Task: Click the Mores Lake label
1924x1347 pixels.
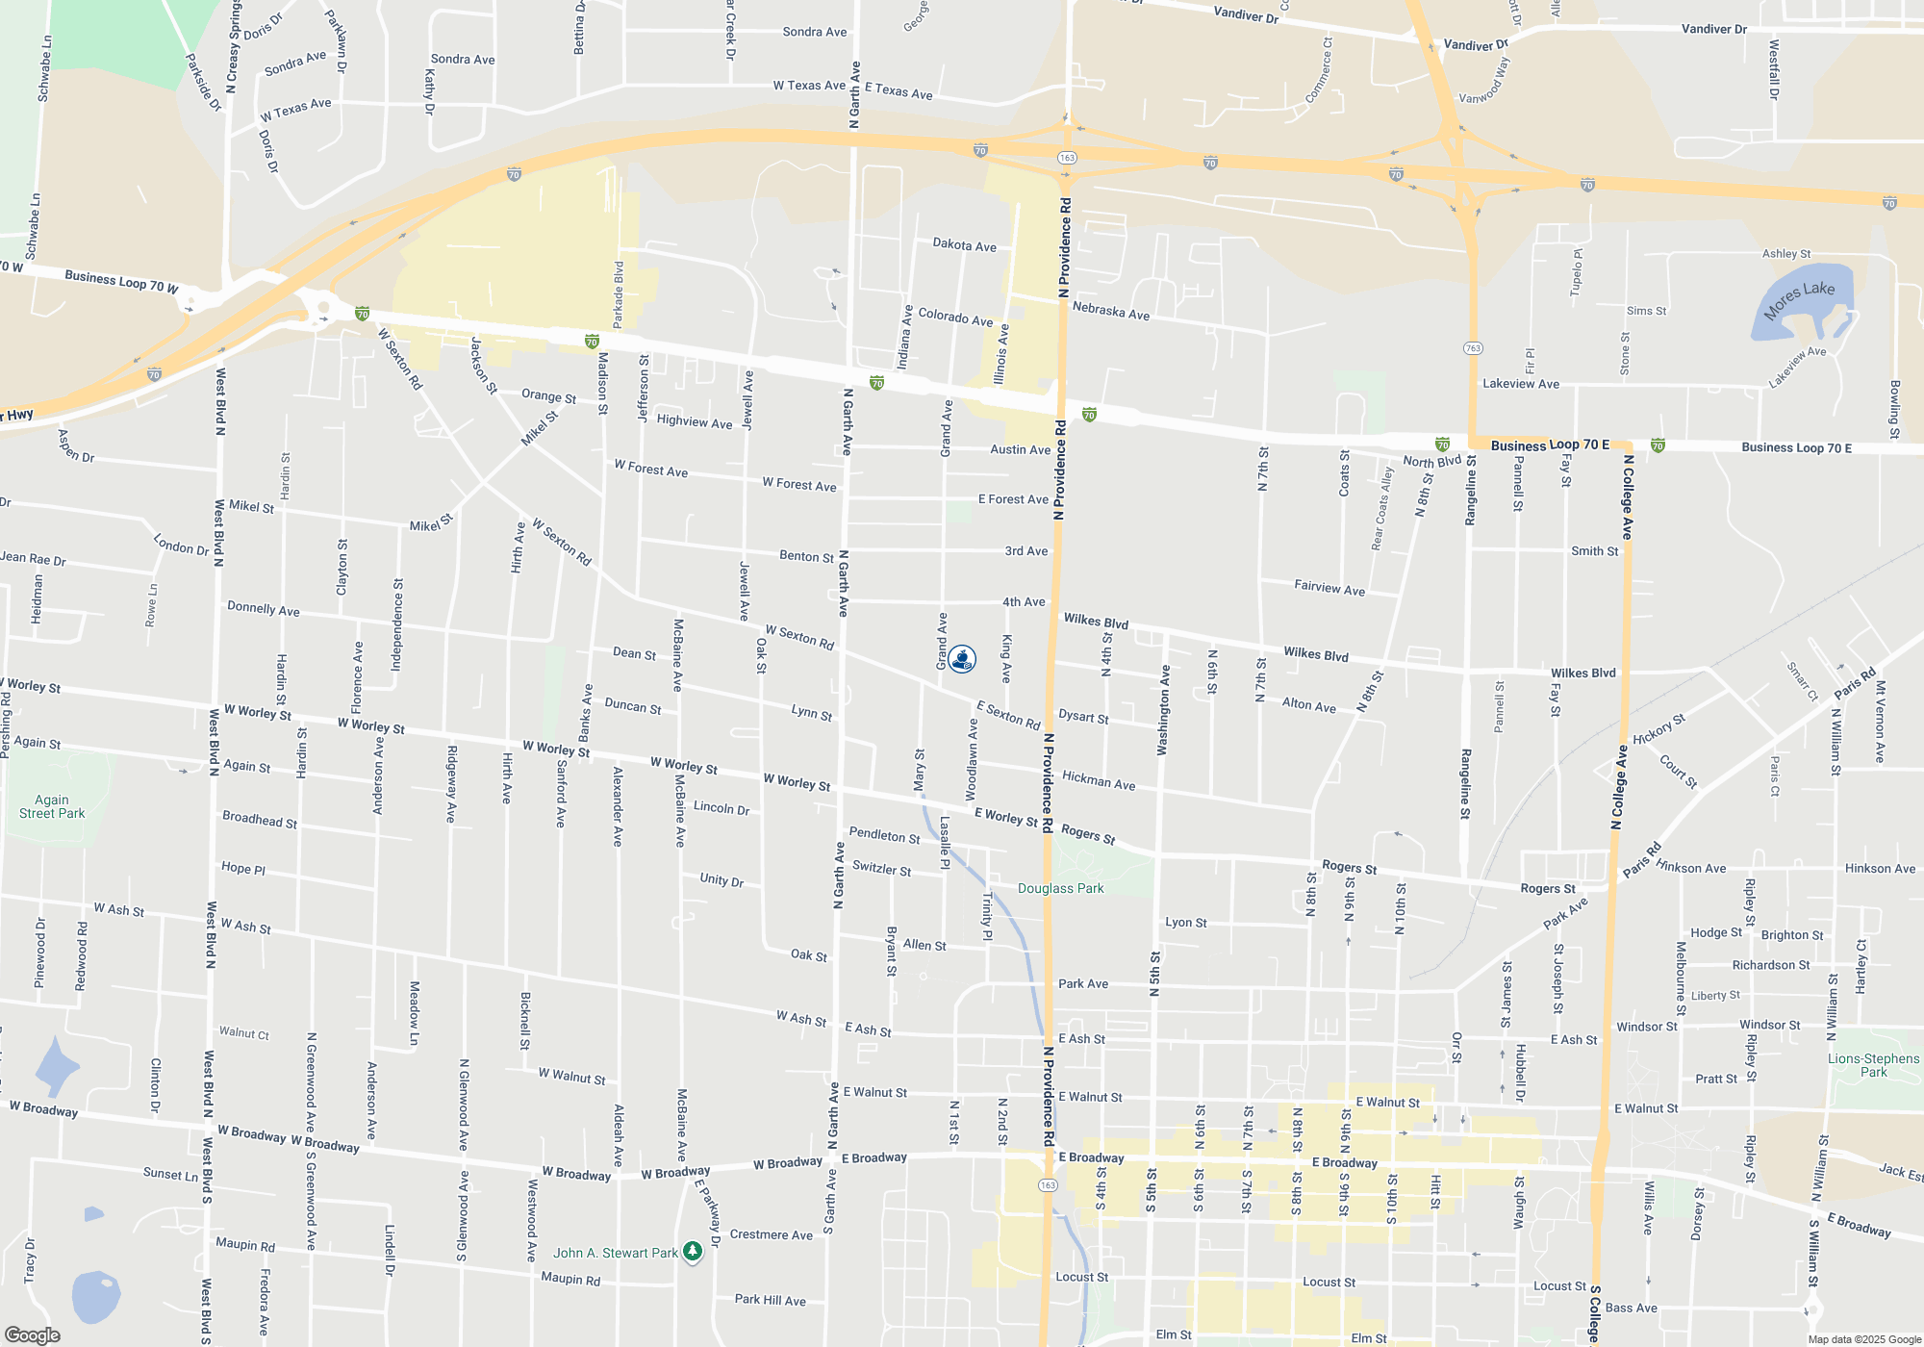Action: coord(1799,300)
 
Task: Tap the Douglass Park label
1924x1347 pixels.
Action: coord(1060,888)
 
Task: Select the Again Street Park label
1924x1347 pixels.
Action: coord(52,806)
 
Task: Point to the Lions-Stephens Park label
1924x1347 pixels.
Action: coord(1873,1065)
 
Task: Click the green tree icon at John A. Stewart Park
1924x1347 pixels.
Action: coord(692,1252)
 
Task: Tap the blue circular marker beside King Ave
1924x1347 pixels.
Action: coord(962,659)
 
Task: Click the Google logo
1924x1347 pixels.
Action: coord(32,1334)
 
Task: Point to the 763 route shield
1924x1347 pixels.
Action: coord(1473,348)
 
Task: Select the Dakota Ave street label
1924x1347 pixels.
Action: coord(964,245)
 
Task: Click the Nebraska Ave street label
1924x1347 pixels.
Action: coord(1110,312)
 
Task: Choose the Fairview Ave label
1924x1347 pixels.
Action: coord(1329,587)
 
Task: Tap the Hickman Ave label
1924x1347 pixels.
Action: coord(1099,780)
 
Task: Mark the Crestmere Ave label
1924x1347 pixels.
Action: coord(771,1234)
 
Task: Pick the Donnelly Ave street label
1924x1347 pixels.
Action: coord(263,608)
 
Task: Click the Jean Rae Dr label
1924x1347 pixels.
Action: coord(34,558)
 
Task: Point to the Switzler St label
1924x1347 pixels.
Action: coord(881,868)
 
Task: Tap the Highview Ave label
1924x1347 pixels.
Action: coord(694,421)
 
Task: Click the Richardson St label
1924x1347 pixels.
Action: coord(1770,965)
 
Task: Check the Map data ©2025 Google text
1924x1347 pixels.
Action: coord(1863,1339)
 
